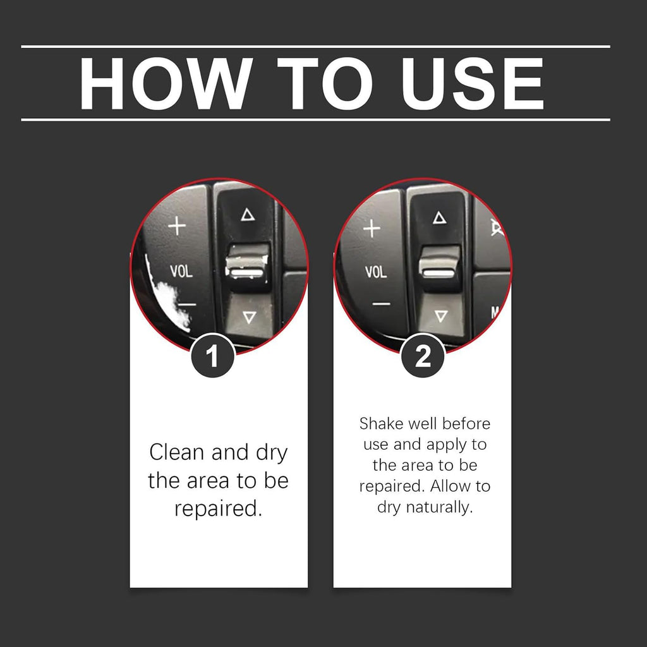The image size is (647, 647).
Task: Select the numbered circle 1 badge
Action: point(212,356)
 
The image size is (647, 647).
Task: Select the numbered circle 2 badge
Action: point(423,356)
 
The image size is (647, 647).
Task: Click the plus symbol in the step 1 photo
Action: point(178,226)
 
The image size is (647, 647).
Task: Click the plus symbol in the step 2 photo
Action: point(372,228)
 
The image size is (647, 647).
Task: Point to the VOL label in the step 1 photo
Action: point(181,271)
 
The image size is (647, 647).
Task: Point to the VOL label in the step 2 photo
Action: point(376,272)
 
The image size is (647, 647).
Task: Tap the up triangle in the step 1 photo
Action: point(248,215)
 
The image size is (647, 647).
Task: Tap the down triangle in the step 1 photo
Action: point(249,317)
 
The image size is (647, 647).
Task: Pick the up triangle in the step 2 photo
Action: point(440,217)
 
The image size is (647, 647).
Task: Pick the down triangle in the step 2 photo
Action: point(441,316)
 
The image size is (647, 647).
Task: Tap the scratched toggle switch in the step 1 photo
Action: point(248,267)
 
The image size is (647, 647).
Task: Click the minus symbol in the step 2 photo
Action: point(381,305)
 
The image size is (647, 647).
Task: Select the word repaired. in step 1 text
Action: point(218,509)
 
